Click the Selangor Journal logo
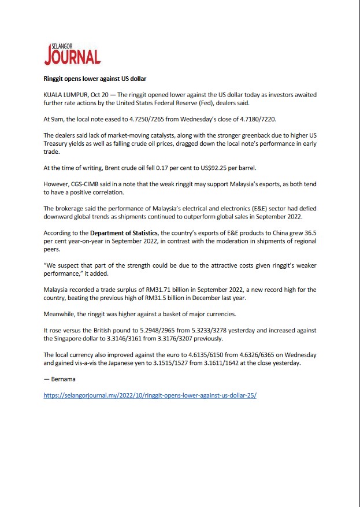(x=72, y=54)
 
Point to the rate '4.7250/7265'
(x=135, y=117)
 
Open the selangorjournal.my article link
(x=150, y=397)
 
